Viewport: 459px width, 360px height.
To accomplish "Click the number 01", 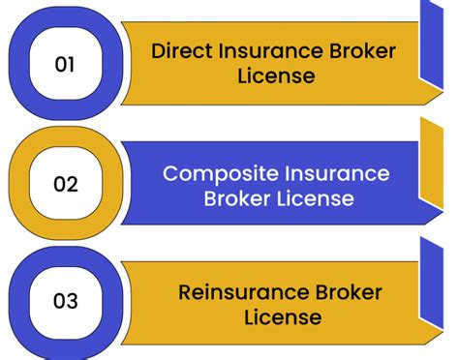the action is tap(64, 65).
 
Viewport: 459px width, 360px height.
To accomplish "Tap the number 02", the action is tap(65, 183).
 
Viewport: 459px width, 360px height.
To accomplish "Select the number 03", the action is tap(65, 301).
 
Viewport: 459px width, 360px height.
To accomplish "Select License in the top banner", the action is tap(276, 76).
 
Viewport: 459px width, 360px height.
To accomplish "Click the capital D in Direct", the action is tap(158, 51).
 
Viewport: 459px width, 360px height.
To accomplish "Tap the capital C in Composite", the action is tap(170, 174).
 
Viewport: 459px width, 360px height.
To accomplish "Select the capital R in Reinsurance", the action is tap(184, 291).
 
